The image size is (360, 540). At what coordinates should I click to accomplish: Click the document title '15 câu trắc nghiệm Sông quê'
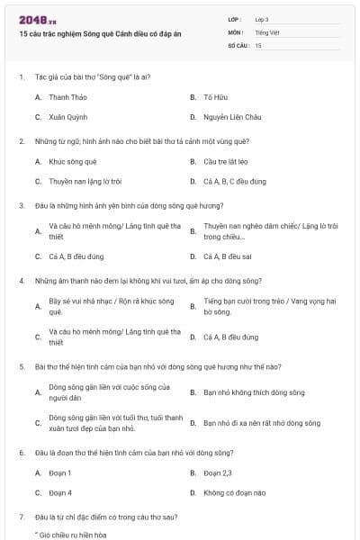coord(100,33)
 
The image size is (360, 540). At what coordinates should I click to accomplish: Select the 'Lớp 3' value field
coord(262,19)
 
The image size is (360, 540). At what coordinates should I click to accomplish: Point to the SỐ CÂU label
coord(238,44)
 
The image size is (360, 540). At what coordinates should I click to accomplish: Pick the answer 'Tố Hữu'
coord(213,96)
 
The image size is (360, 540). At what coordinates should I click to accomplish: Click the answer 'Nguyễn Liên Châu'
coord(232,117)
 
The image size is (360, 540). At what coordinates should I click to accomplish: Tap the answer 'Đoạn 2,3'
coord(218,472)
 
